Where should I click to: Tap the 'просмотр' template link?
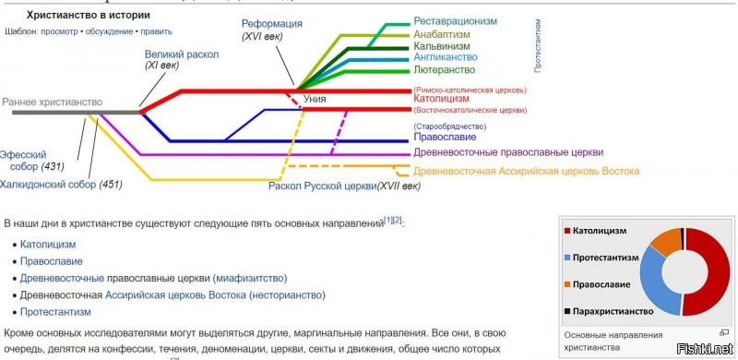pyautogui.click(x=59, y=31)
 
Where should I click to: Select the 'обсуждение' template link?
pyautogui.click(x=108, y=31)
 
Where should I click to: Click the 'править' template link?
pyautogui.click(x=161, y=31)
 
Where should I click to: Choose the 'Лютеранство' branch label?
pyautogui.click(x=445, y=69)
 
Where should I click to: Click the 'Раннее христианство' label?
pyautogui.click(x=52, y=102)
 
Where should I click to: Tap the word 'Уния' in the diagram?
pyautogui.click(x=315, y=96)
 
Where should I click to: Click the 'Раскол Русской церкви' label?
pyautogui.click(x=321, y=186)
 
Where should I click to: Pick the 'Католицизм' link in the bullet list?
pyautogui.click(x=48, y=245)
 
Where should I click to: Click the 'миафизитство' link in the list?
pyautogui.click(x=249, y=278)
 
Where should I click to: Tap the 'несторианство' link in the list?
pyautogui.click(x=287, y=295)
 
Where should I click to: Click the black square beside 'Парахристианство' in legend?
pyautogui.click(x=566, y=312)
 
